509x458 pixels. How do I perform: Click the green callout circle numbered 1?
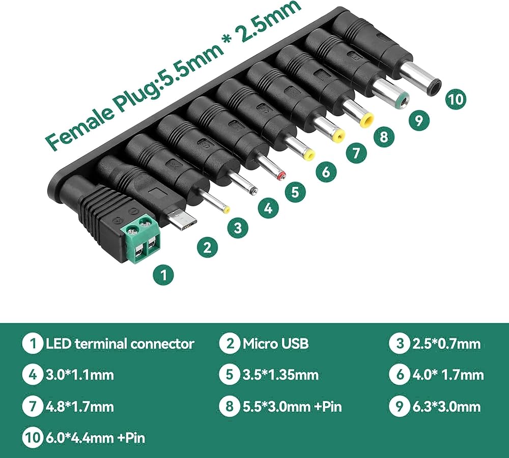pyautogui.click(x=163, y=275)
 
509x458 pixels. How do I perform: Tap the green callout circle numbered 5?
pyautogui.click(x=295, y=191)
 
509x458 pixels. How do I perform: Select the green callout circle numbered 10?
pyautogui.click(x=456, y=99)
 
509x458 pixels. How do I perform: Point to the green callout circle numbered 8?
pyautogui.click(x=384, y=136)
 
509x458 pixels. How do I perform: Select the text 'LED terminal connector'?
pyautogui.click(x=120, y=343)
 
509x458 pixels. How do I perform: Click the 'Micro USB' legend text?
pyautogui.click(x=275, y=343)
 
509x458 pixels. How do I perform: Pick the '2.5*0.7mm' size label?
pyautogui.click(x=446, y=343)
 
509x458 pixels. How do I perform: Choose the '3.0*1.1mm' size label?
pyautogui.click(x=80, y=375)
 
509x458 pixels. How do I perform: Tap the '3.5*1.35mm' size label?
pyautogui.click(x=280, y=375)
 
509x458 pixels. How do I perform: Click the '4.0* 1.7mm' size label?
pyautogui.click(x=448, y=375)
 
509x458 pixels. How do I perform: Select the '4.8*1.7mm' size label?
pyautogui.click(x=80, y=407)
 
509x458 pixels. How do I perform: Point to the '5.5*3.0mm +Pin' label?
pyautogui.click(x=292, y=407)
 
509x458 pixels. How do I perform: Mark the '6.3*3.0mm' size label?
pyautogui.click(x=446, y=407)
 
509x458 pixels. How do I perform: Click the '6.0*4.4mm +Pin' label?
pyautogui.click(x=95, y=438)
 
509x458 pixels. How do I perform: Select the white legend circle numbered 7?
pyautogui.click(x=32, y=407)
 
